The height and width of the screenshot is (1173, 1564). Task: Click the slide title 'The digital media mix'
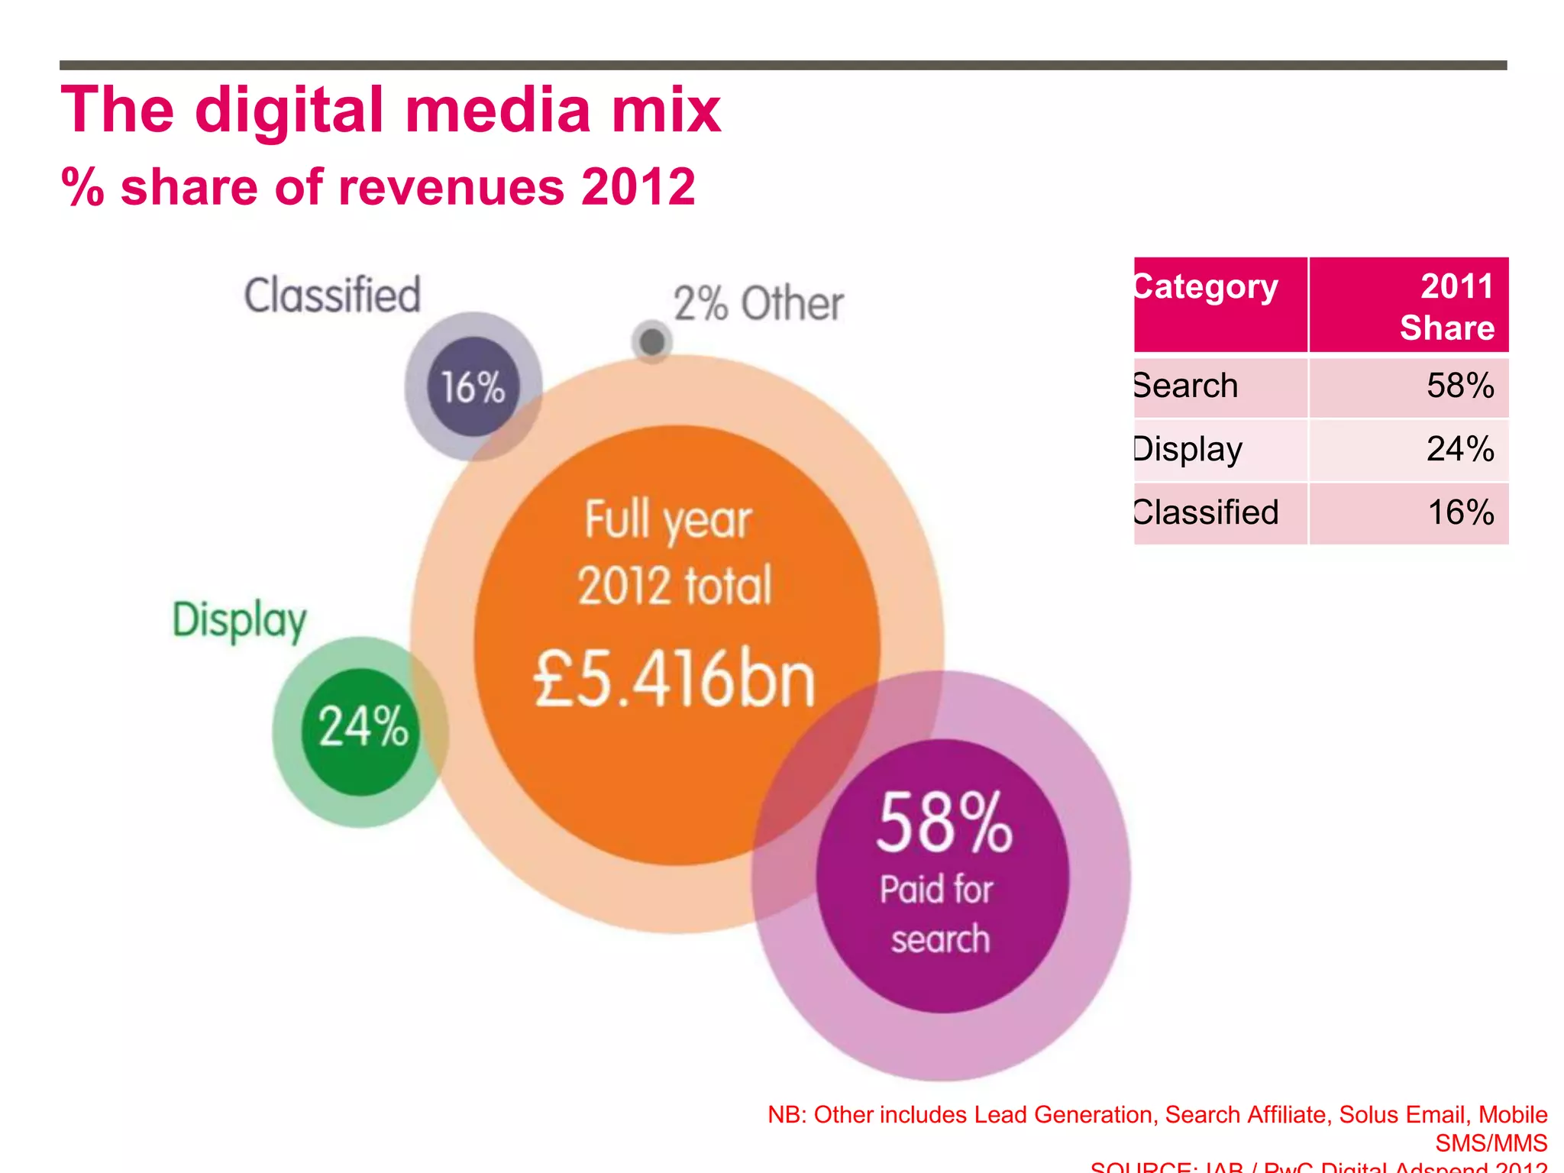click(x=390, y=111)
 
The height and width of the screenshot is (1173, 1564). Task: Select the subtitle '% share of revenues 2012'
click(x=378, y=187)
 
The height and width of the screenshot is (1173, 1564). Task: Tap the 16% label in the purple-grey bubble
click(x=473, y=387)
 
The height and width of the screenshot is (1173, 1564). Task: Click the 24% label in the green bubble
click(x=364, y=726)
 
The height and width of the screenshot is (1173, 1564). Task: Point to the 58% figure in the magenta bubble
click(x=944, y=823)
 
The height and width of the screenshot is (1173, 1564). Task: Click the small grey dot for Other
click(x=652, y=341)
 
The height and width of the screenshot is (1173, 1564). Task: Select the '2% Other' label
click(x=758, y=304)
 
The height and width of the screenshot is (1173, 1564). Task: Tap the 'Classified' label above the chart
click(x=332, y=296)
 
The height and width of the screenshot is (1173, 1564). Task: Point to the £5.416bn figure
click(x=675, y=679)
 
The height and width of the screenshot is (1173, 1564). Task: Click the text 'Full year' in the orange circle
click(x=668, y=520)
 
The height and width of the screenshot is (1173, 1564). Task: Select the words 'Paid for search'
click(x=939, y=914)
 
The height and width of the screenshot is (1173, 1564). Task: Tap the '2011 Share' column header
click(x=1447, y=306)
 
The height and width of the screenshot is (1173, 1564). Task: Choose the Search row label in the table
click(x=1186, y=386)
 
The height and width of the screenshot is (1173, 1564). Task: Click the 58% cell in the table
click(x=1459, y=386)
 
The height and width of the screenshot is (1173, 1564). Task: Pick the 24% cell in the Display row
click(x=1459, y=449)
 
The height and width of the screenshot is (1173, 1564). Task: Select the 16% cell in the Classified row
click(x=1459, y=512)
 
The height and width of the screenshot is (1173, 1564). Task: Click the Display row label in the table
click(x=1189, y=449)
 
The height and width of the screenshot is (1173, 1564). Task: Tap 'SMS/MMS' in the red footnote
click(x=1491, y=1143)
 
